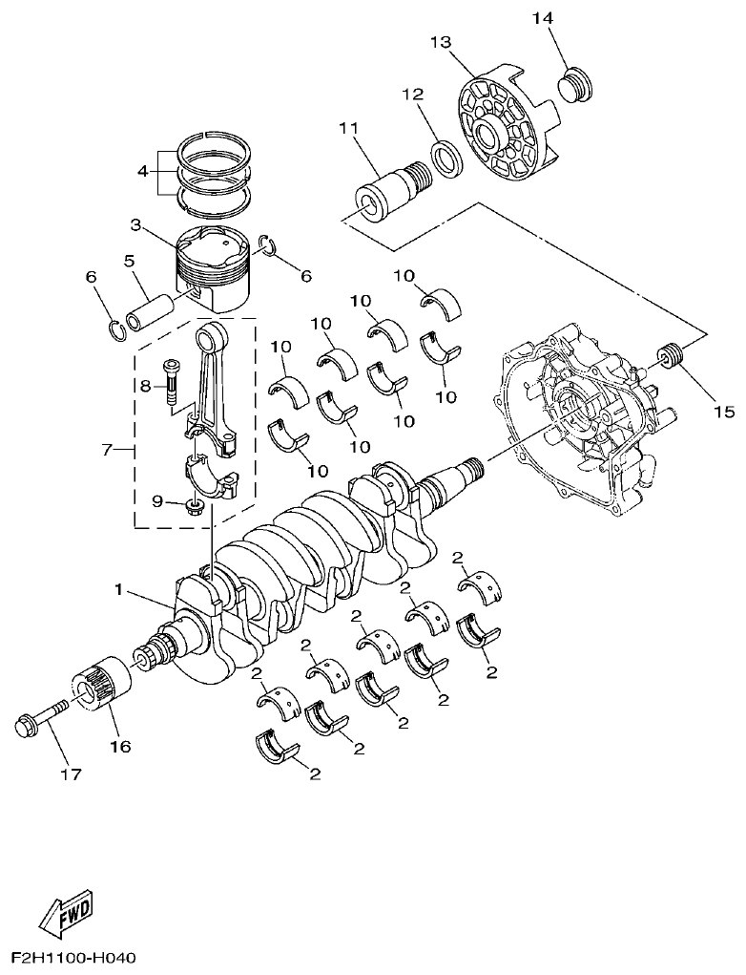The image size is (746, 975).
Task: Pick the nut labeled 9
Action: pyautogui.click(x=194, y=503)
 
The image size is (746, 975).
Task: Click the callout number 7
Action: pyautogui.click(x=108, y=448)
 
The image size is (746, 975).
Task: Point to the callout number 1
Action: pyautogui.click(x=119, y=590)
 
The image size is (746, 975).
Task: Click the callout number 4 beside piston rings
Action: pyautogui.click(x=142, y=172)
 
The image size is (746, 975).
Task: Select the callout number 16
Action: pyautogui.click(x=119, y=745)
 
